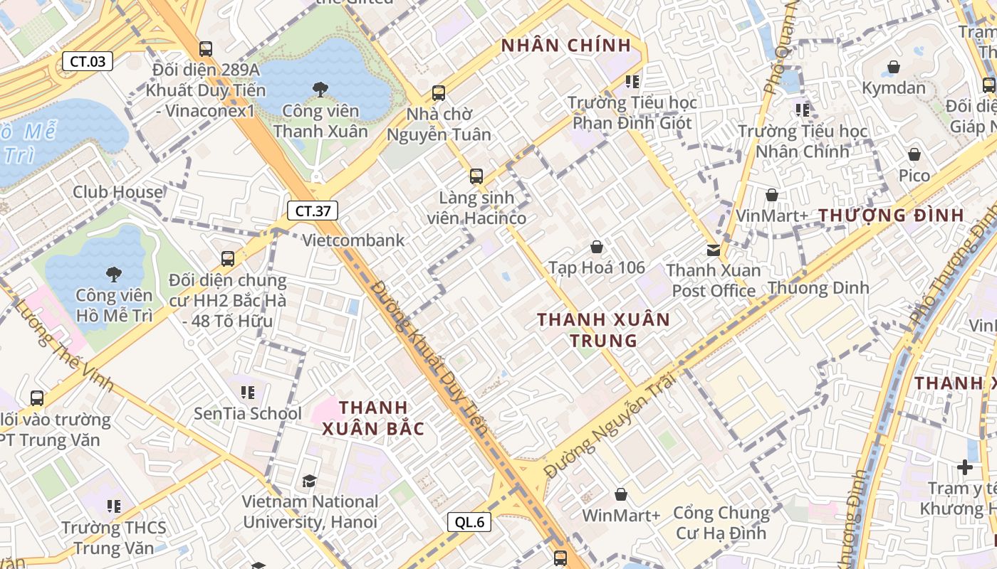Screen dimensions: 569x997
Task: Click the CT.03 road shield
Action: (x=88, y=61)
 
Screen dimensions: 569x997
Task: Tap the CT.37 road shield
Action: (x=313, y=211)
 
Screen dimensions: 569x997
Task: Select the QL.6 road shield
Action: (x=470, y=522)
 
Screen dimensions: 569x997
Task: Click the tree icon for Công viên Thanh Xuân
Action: (x=320, y=90)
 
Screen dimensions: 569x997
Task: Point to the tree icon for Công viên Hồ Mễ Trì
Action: (x=113, y=274)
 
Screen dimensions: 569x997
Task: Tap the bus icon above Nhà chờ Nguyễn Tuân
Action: (x=439, y=93)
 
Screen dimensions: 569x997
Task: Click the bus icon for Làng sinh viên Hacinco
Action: (x=476, y=176)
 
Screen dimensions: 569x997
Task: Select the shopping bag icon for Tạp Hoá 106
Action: (x=597, y=247)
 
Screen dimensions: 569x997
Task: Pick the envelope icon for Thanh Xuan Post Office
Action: (x=714, y=250)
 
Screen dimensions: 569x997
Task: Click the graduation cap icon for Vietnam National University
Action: (x=309, y=482)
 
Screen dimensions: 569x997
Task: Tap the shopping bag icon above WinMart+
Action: (x=621, y=494)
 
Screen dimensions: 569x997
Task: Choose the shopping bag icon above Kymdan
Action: (x=894, y=68)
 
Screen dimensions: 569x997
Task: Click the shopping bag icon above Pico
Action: (x=914, y=154)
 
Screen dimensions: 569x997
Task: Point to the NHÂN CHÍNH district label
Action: (x=566, y=46)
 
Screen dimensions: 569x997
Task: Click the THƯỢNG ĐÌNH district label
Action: (x=891, y=215)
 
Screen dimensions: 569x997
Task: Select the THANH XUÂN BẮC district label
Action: (x=373, y=418)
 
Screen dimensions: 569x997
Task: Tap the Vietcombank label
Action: (x=353, y=240)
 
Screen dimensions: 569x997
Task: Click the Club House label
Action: (x=118, y=192)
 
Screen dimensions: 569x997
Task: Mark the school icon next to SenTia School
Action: (x=248, y=392)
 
